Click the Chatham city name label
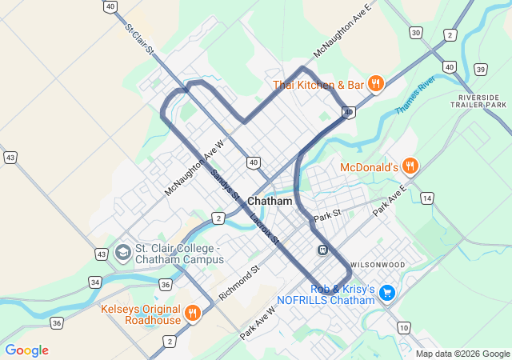pos(270,201)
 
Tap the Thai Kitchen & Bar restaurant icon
pos(376,83)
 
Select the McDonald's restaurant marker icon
pos(410,166)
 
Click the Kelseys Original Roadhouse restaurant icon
pos(192,313)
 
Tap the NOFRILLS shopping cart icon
pos(387,293)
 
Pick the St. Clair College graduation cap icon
pos(122,254)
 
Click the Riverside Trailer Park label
pos(478,100)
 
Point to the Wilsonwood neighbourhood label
pos(377,264)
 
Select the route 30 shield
pos(414,32)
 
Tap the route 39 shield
pos(480,70)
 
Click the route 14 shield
pos(427,198)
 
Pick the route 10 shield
pos(403,327)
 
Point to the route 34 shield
pos(96,282)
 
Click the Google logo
pos(26,350)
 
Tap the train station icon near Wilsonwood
pos(322,249)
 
